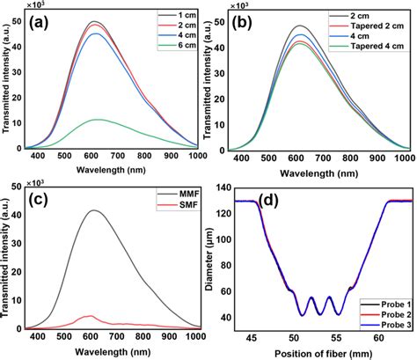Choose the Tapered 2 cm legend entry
(x=372, y=26)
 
